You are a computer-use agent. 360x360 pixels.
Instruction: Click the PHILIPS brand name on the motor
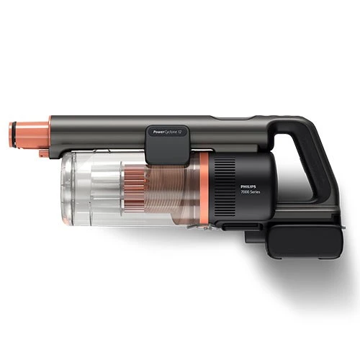(x=248, y=186)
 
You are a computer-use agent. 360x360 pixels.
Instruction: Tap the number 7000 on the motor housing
(x=244, y=192)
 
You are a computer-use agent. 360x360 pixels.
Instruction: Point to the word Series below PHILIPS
(x=255, y=192)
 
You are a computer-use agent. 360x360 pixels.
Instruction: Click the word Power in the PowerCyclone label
(x=158, y=132)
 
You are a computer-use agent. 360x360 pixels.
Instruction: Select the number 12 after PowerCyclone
(x=183, y=132)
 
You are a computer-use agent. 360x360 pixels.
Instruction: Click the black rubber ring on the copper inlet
(x=14, y=135)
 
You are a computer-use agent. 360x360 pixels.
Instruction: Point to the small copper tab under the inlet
(x=44, y=153)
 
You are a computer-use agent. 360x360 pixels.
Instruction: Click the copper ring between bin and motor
(x=204, y=189)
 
